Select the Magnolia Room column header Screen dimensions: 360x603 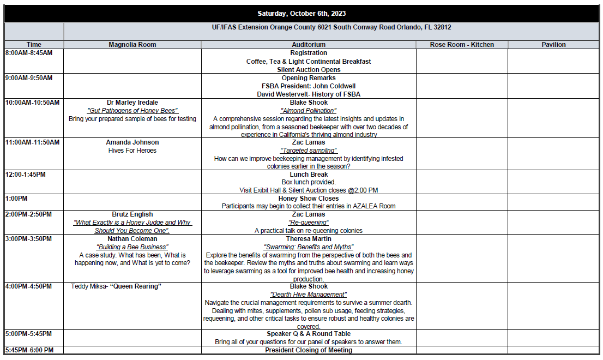[132, 45]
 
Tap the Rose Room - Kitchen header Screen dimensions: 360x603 [462, 45]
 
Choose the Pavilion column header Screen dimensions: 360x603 [553, 45]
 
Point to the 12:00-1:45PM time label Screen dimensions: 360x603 [26, 175]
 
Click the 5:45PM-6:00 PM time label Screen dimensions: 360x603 [30, 350]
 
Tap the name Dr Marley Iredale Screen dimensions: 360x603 [132, 103]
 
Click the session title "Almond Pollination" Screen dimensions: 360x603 [309, 111]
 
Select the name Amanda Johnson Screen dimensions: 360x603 [132, 142]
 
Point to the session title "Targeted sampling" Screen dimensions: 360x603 [309, 151]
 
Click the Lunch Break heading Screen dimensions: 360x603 [309, 175]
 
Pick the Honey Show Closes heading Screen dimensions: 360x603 [309, 199]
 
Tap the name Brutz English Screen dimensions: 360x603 [132, 214]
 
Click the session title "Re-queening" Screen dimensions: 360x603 [309, 223]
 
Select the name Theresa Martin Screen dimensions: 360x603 [309, 239]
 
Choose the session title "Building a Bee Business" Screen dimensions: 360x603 [132, 247]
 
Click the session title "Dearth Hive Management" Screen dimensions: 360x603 [309, 295]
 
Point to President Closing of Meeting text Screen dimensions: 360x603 [309, 350]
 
